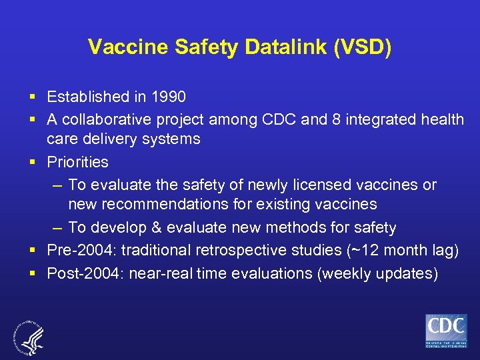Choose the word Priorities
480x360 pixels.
(77, 162)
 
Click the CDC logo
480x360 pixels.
(446, 331)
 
